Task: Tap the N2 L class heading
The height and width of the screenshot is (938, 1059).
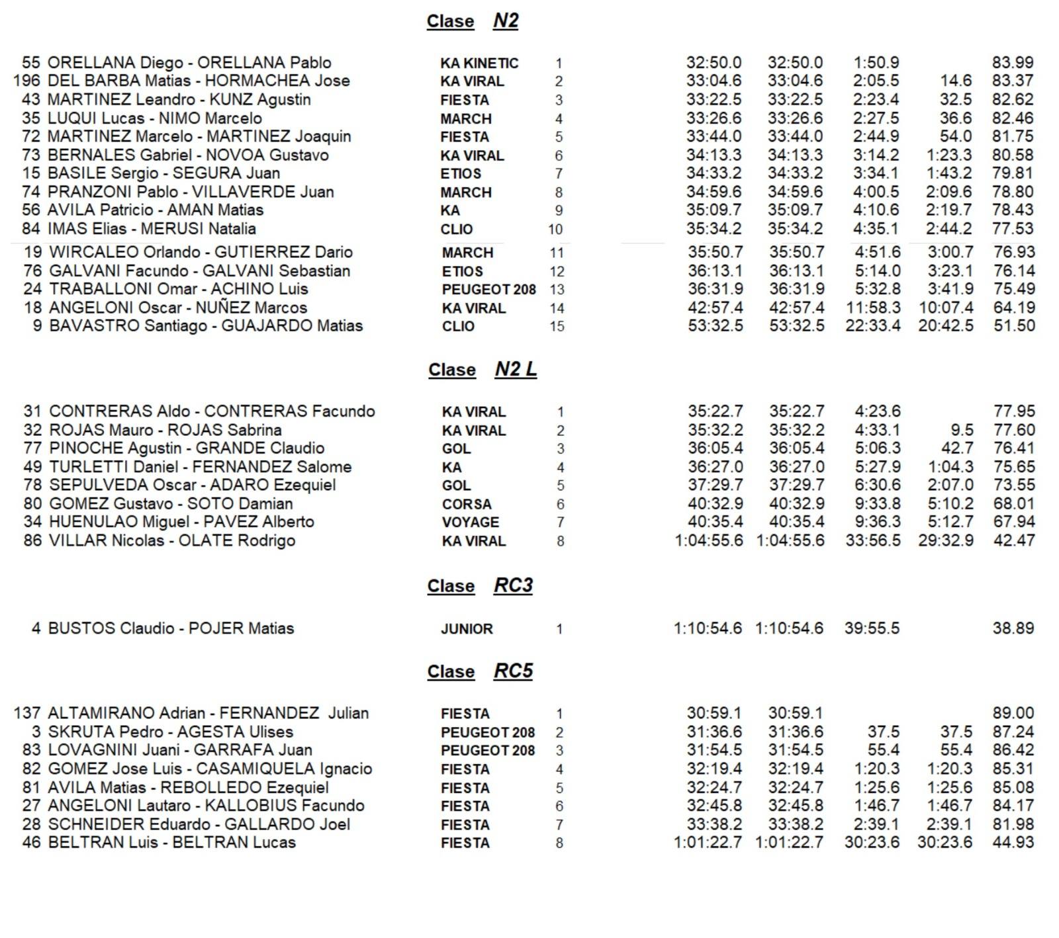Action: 482,369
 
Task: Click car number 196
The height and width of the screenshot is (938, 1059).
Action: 26,81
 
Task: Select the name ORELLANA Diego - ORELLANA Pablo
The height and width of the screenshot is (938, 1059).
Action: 189,63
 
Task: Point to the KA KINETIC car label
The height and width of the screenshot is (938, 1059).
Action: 479,64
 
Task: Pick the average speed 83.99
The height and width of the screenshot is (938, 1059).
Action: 1013,63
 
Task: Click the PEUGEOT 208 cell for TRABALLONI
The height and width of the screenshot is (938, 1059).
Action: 488,290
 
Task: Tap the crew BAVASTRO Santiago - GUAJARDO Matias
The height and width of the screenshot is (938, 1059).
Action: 206,326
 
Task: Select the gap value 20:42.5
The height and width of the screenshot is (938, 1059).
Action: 945,326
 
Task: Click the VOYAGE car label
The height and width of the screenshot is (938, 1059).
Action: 471,523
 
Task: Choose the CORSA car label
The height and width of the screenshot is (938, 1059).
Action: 467,504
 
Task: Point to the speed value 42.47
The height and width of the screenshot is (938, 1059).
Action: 1014,540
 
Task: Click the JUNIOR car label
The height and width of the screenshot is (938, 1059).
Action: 467,629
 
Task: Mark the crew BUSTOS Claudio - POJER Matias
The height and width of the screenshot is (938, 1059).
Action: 171,628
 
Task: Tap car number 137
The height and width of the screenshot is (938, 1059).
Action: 26,713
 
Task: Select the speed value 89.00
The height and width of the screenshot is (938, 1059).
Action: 1013,713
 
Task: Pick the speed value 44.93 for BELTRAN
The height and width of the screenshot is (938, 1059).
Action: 1013,843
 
